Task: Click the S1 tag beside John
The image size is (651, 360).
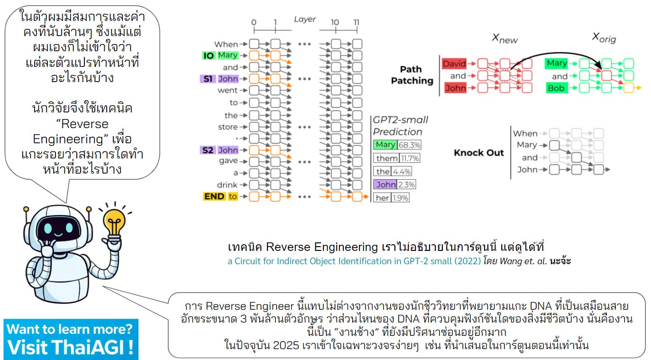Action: [208, 79]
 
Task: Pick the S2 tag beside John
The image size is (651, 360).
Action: [208, 150]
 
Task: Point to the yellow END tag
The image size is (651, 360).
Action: [214, 196]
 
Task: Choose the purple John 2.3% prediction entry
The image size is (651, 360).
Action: [395, 185]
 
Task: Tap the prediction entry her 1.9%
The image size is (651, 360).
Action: [392, 198]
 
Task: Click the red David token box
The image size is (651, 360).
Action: [454, 64]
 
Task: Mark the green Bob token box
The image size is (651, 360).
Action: [556, 88]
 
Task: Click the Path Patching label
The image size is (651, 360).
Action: [412, 75]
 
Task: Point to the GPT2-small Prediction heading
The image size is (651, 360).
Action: [397, 126]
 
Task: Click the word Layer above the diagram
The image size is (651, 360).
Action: [304, 19]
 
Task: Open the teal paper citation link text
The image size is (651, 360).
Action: [354, 261]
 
